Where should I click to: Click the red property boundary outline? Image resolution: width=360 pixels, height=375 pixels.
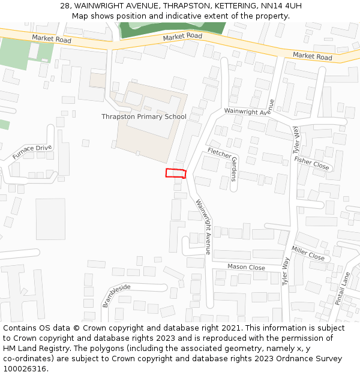[176, 174]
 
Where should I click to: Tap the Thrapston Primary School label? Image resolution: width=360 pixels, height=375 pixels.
[144, 116]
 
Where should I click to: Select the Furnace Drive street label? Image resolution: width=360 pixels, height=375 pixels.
[32, 152]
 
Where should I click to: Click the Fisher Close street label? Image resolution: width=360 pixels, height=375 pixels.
[311, 163]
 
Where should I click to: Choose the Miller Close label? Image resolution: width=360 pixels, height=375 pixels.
[308, 253]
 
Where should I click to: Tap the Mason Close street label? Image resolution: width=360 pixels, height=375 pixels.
[246, 267]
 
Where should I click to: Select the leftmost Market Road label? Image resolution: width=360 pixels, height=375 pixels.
[52, 39]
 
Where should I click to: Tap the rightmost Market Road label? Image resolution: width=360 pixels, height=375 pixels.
[312, 56]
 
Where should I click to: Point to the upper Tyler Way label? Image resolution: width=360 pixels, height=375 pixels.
[296, 140]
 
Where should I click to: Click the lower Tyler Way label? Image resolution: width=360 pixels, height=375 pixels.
[286, 271]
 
